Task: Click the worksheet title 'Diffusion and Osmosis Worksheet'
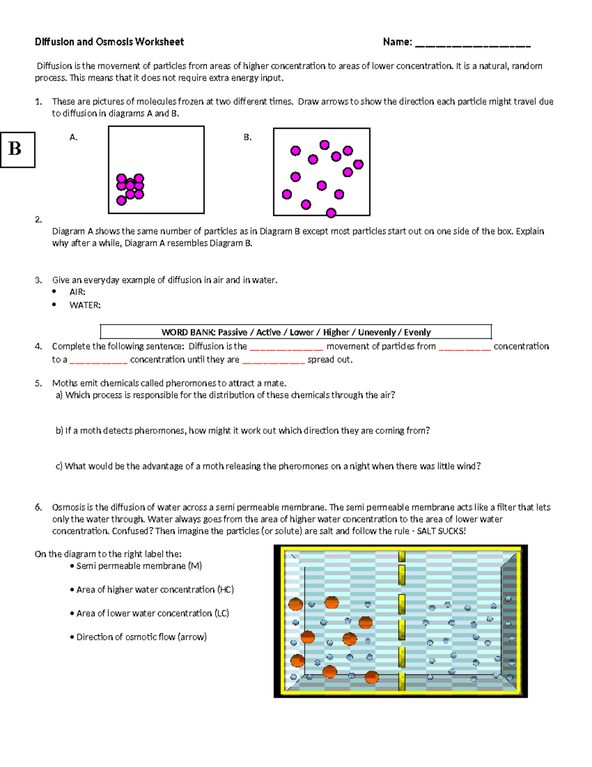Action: pos(109,42)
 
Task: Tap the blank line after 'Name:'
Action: pos(472,44)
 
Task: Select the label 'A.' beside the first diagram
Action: pos(74,137)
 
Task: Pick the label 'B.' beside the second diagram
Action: pos(248,137)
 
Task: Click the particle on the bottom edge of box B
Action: pos(331,213)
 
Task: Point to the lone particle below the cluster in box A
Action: pos(121,200)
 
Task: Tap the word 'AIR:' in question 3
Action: pos(77,292)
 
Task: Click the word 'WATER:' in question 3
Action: pos(85,305)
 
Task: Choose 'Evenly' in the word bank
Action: pos(417,332)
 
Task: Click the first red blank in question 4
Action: pos(286,348)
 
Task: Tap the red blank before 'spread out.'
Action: pos(274,361)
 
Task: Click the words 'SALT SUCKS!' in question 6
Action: pos(441,531)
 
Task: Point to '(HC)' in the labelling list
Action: pos(225,590)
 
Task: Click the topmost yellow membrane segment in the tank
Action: pos(402,557)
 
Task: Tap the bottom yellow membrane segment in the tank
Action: pos(402,681)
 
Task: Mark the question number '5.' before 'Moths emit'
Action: pos(38,383)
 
